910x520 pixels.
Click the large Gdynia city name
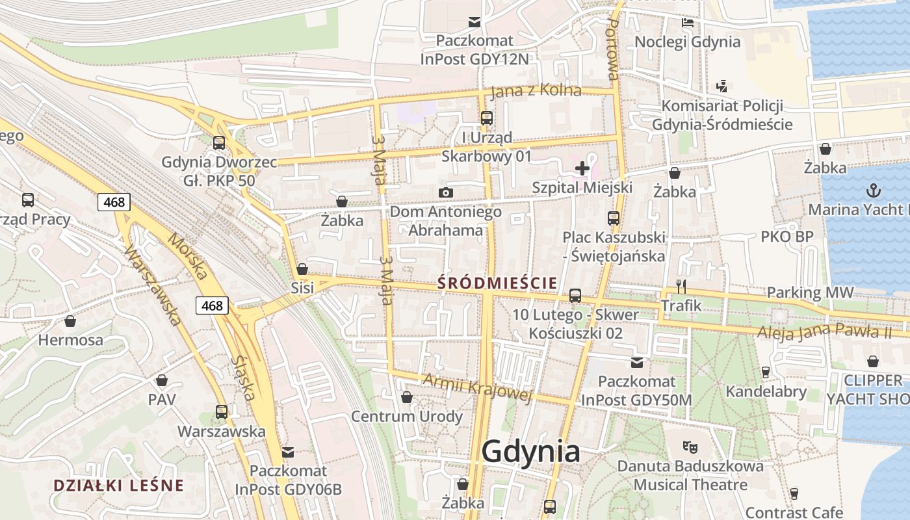pyautogui.click(x=531, y=451)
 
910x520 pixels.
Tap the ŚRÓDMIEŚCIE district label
pyautogui.click(x=497, y=283)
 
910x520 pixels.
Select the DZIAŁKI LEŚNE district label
pyautogui.click(x=118, y=486)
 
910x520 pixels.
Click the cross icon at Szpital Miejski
pyautogui.click(x=582, y=168)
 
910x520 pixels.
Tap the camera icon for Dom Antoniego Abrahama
pyautogui.click(x=445, y=192)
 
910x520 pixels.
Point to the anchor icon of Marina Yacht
pyautogui.click(x=874, y=190)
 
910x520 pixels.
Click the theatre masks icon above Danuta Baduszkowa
pyautogui.click(x=689, y=447)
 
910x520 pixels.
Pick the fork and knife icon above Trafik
pyautogui.click(x=681, y=286)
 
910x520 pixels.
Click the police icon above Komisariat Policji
pyautogui.click(x=721, y=86)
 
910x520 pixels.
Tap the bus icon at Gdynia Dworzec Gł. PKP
pyautogui.click(x=219, y=143)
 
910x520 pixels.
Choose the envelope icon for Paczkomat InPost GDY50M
pyautogui.click(x=636, y=362)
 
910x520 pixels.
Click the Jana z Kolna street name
pyautogui.click(x=536, y=91)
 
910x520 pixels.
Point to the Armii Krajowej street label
pyautogui.click(x=477, y=387)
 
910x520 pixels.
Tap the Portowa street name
pyautogui.click(x=612, y=49)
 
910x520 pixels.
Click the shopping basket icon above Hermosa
pyautogui.click(x=70, y=321)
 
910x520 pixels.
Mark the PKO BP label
pyautogui.click(x=786, y=237)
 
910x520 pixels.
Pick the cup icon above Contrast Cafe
pyautogui.click(x=794, y=494)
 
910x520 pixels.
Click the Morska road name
pyautogui.click(x=188, y=257)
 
